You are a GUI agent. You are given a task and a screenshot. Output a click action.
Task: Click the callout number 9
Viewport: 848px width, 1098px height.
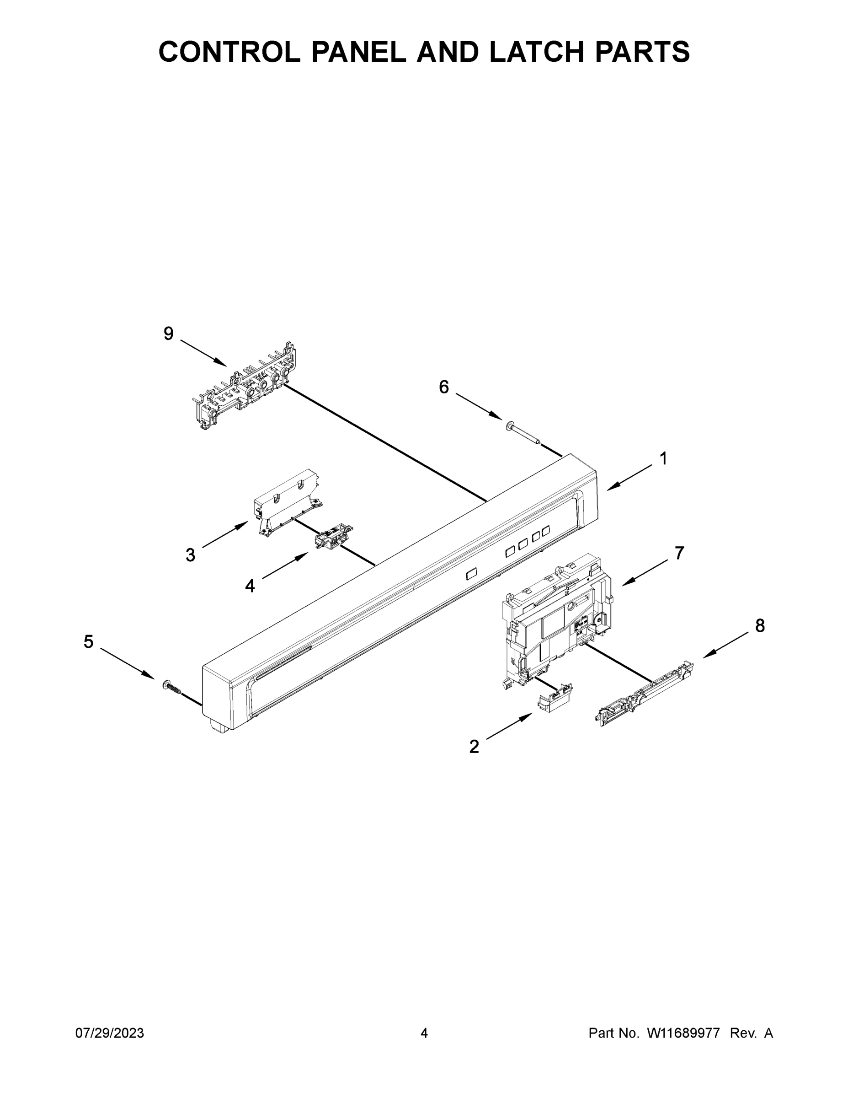[169, 334]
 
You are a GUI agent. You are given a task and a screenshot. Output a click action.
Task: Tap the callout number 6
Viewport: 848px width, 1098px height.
[443, 387]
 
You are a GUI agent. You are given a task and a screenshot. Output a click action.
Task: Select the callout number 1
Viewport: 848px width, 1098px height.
[663, 458]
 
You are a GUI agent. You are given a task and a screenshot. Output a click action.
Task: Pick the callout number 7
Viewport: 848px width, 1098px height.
[679, 553]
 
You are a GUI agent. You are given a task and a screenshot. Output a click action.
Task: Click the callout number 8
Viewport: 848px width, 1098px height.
[760, 625]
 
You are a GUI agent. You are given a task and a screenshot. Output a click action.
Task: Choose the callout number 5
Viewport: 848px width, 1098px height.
[88, 641]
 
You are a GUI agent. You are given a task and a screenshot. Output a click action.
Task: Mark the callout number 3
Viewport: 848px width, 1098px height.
[190, 555]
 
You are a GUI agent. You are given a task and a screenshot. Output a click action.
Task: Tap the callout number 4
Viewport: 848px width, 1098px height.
[250, 586]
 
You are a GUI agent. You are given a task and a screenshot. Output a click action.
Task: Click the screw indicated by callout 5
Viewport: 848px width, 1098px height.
[171, 686]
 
